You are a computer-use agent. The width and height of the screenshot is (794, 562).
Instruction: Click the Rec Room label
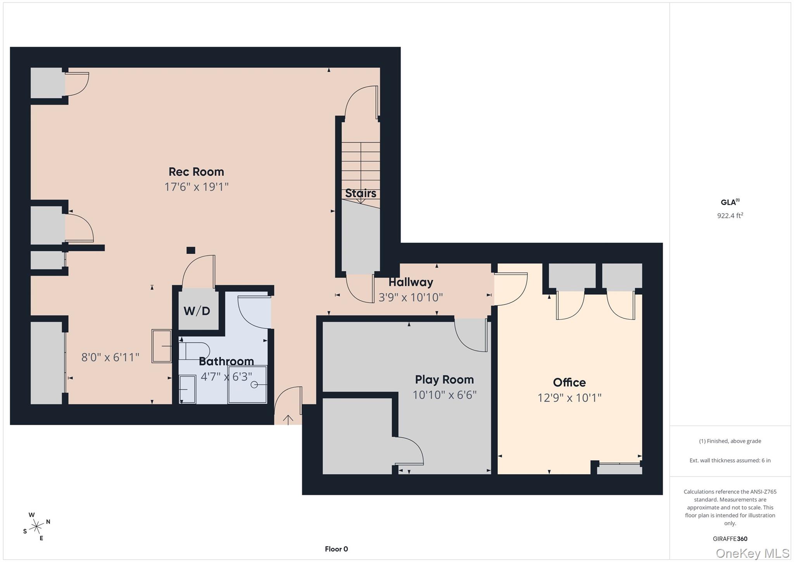[196, 172]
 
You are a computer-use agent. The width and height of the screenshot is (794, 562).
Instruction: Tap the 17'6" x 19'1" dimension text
[196, 187]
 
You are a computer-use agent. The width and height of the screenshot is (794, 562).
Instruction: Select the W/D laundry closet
[197, 310]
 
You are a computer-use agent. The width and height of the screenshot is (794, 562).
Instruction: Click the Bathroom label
[226, 361]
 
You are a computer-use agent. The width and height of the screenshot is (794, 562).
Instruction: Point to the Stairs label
[361, 193]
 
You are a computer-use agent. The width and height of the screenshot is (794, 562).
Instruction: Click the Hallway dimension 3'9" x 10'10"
[411, 297]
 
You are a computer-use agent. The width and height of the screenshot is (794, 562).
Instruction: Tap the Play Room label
[444, 379]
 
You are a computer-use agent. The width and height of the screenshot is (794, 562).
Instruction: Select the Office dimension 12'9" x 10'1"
[569, 398]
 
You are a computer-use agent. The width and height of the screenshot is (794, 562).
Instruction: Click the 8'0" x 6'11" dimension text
[110, 357]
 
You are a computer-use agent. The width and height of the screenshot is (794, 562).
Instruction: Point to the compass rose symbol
[37, 527]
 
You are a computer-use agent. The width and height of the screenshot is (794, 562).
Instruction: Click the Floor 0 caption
[336, 549]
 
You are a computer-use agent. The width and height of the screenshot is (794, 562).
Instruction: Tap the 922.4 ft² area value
[730, 215]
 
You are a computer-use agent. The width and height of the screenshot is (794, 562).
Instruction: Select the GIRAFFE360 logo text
[730, 539]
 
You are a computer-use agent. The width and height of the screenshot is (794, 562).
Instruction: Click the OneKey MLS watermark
[752, 553]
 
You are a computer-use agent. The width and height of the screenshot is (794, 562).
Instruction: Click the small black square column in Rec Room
[190, 250]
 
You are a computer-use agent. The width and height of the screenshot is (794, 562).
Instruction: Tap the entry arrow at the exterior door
[288, 420]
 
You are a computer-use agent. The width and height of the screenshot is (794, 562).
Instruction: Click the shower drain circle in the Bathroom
[254, 385]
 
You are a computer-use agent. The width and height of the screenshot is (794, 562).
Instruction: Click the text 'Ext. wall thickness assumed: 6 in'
[730, 460]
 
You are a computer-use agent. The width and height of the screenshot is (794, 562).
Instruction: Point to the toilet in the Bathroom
[194, 351]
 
